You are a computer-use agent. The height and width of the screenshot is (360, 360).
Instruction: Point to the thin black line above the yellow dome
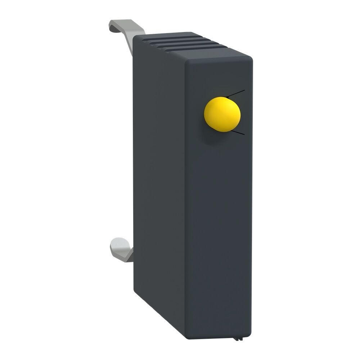point(236,93)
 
